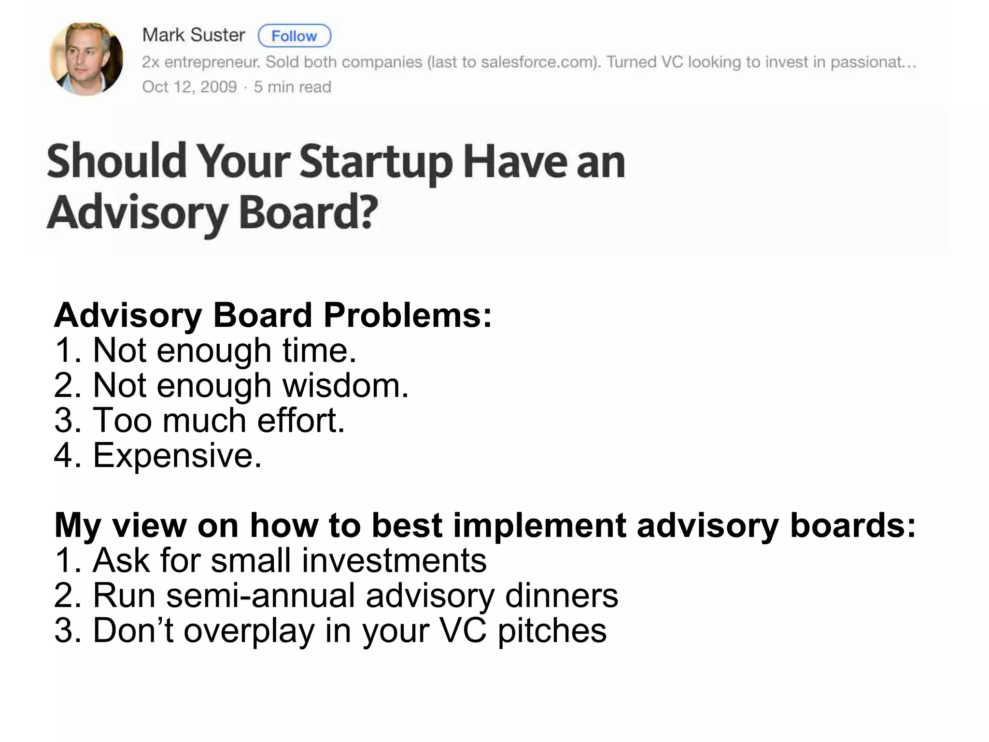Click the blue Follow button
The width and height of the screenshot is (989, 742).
[x=295, y=36]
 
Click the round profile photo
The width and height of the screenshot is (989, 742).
[x=86, y=59]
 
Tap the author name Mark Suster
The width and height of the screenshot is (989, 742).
[x=194, y=35]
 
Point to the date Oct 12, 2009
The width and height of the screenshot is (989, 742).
[x=189, y=87]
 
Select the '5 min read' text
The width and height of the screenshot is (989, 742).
[x=293, y=87]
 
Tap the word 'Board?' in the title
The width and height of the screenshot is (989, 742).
[x=308, y=213]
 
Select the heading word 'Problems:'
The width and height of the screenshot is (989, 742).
[x=408, y=316]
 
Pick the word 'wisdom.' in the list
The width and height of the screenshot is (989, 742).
[x=345, y=386]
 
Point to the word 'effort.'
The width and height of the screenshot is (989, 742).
[x=301, y=421]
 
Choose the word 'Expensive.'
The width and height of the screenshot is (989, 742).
[x=177, y=456]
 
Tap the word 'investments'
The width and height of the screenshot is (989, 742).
[x=394, y=561]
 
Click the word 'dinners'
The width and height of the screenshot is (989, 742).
[x=561, y=596]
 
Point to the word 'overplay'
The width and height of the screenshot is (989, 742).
[x=249, y=631]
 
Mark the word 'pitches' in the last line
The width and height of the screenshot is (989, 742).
[x=551, y=631]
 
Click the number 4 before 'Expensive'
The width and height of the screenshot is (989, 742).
[x=63, y=455]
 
